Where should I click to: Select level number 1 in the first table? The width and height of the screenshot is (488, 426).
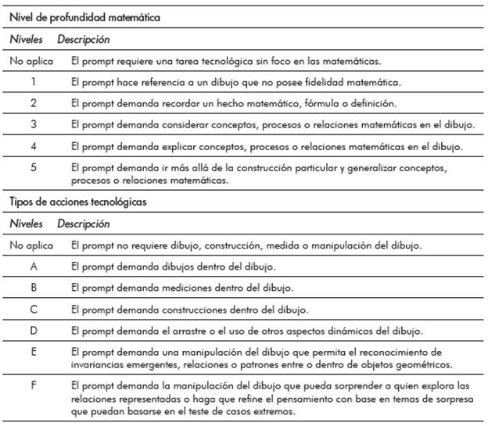(x=34, y=81)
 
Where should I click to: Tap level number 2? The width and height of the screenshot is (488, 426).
(x=34, y=102)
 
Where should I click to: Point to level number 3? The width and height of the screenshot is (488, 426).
(x=34, y=124)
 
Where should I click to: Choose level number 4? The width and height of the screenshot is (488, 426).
(x=34, y=146)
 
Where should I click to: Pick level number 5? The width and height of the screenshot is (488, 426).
(x=34, y=167)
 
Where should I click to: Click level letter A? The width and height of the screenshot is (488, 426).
(x=34, y=266)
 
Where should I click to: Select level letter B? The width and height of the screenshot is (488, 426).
(x=34, y=288)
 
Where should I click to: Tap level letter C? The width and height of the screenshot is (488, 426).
(x=34, y=310)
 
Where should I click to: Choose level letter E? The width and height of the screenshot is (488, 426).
(x=34, y=353)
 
